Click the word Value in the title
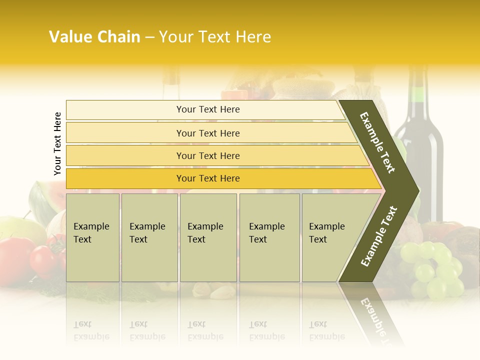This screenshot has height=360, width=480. (69, 36)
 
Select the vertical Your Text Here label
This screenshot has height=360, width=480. (57, 143)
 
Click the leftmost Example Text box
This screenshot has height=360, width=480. (92, 237)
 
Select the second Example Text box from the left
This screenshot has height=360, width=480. (149, 237)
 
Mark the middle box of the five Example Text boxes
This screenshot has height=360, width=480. (208, 237)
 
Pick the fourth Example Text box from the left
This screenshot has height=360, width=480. (269, 237)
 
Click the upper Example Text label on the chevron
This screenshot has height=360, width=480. (377, 142)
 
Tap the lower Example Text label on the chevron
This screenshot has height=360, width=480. (379, 236)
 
